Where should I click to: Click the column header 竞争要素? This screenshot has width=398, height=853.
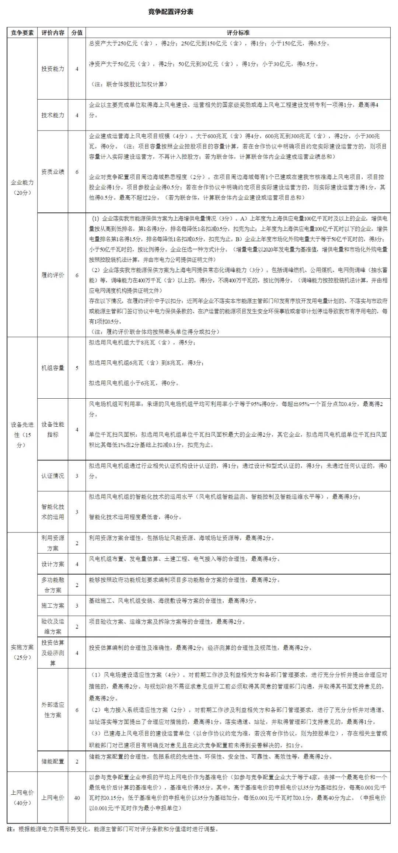point(22,32)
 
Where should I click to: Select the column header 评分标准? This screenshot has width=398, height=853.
point(238,32)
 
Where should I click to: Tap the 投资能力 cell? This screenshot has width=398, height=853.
point(53,69)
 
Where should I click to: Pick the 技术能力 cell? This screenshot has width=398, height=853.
point(53,115)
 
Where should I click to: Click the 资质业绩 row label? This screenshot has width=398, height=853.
point(53,172)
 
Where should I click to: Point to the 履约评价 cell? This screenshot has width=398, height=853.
point(53,275)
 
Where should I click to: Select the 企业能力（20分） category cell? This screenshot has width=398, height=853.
point(22,187)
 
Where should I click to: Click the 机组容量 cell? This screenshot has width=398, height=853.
point(53,368)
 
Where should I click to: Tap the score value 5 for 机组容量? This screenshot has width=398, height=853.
point(77,368)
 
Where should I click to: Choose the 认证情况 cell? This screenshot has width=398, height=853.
point(53,476)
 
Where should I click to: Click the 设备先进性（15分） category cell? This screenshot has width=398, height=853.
point(22,434)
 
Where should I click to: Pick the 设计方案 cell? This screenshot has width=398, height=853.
point(53,564)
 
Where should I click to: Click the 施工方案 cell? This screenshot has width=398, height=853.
point(53,605)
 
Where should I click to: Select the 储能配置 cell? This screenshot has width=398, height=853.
point(53,761)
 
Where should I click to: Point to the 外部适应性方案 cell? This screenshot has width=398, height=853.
point(53,710)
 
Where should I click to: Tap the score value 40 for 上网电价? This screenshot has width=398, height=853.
point(77,798)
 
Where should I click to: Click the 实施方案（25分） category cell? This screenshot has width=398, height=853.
point(22,652)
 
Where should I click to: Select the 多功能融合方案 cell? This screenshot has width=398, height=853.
point(53,585)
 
